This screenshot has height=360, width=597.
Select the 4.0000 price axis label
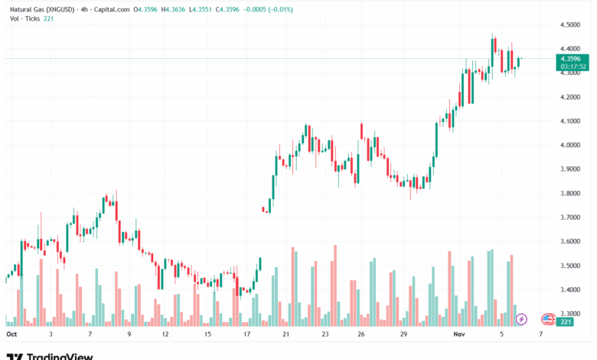(x=569, y=145)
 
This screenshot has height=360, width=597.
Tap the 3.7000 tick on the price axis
(x=569, y=218)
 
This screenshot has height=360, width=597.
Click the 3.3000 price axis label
(x=569, y=314)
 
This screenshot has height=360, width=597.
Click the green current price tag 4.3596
(x=569, y=58)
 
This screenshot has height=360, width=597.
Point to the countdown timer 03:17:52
(x=569, y=66)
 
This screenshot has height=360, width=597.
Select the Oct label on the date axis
(x=11, y=335)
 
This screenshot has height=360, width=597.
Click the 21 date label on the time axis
(x=285, y=335)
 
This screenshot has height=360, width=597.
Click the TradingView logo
(x=50, y=355)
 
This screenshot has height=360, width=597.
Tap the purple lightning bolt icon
(x=521, y=319)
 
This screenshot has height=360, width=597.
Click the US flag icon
(x=547, y=319)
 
